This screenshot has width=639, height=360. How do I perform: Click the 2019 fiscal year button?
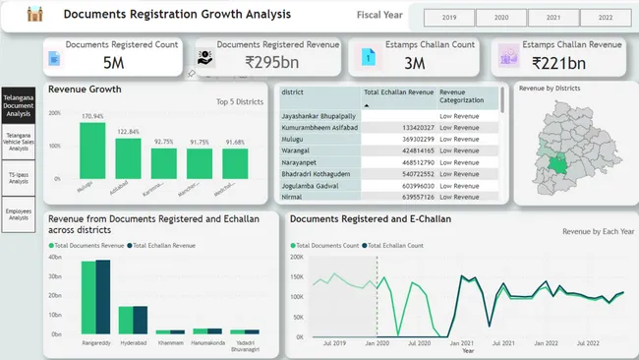pyautogui.click(x=449, y=18)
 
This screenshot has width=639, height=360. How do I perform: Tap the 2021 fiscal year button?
pyautogui.click(x=552, y=18)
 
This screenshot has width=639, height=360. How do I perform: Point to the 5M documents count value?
pyautogui.click(x=113, y=63)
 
